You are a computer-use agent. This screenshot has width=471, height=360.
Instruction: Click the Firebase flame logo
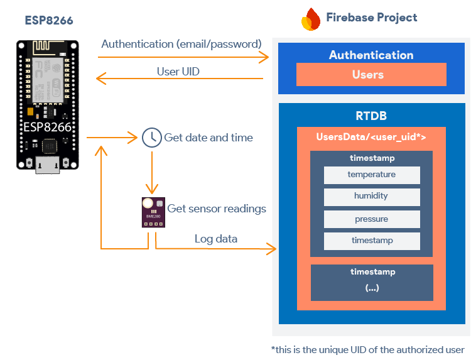(310, 19)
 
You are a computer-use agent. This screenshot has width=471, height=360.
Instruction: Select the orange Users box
(371, 75)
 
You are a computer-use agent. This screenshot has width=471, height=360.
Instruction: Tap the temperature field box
(372, 175)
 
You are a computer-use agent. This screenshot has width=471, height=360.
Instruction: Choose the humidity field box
(372, 197)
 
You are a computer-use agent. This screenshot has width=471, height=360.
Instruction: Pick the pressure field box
(372, 219)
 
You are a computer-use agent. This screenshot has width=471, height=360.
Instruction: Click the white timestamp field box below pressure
(372, 241)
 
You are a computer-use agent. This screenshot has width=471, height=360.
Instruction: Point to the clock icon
(151, 138)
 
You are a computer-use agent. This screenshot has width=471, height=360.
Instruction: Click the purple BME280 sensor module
(152, 213)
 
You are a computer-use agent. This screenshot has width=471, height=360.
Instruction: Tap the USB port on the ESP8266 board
(48, 165)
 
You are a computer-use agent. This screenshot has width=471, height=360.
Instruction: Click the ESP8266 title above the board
(49, 21)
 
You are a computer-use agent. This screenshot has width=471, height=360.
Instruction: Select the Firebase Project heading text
(371, 18)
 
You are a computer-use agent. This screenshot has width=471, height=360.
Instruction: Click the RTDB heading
(371, 116)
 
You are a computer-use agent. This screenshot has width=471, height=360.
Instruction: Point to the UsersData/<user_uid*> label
(371, 137)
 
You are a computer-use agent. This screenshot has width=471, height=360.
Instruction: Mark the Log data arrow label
(216, 239)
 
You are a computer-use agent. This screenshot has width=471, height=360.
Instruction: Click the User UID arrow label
(178, 72)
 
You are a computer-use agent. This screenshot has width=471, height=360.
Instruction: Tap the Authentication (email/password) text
(181, 44)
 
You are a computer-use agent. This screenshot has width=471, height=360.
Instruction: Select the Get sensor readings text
(216, 209)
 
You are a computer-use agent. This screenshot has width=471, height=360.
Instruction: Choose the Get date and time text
(208, 138)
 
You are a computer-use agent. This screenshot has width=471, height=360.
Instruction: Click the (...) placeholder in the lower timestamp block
(372, 288)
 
